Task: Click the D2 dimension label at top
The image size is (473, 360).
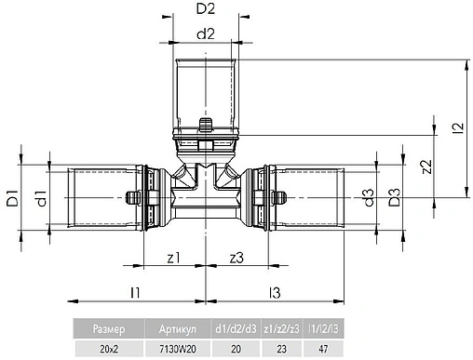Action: pyautogui.click(x=206, y=11)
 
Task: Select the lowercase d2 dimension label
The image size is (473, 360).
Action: pyautogui.click(x=207, y=35)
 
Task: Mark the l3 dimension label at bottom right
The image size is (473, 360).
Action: pyautogui.click(x=274, y=292)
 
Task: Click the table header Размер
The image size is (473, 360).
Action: pyautogui.click(x=108, y=328)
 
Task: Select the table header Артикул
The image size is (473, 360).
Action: pyautogui.click(x=178, y=328)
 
